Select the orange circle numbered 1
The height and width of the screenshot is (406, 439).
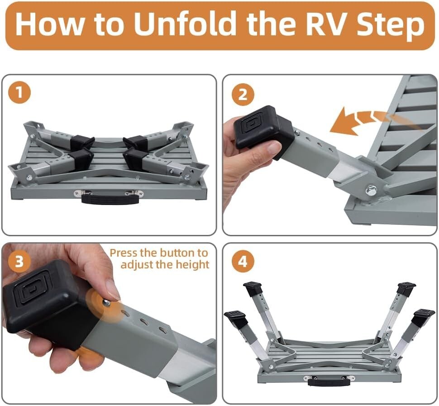(x=19, y=94)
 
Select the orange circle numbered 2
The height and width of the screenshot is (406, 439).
(x=243, y=95)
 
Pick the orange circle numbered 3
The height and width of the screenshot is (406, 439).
(x=19, y=262)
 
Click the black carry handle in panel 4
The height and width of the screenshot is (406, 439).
(x=329, y=381)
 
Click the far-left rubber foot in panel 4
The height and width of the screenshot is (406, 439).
(x=235, y=319)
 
